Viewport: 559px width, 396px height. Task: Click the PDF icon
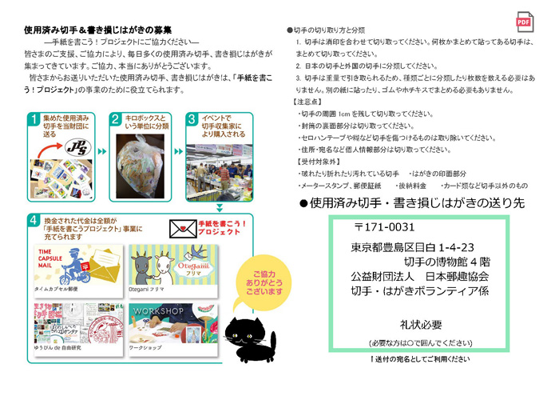coord(525,22)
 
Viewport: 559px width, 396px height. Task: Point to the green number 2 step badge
coord(115,120)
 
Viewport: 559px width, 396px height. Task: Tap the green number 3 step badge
coord(192,120)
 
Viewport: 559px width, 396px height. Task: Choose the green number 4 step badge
coord(32,220)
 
